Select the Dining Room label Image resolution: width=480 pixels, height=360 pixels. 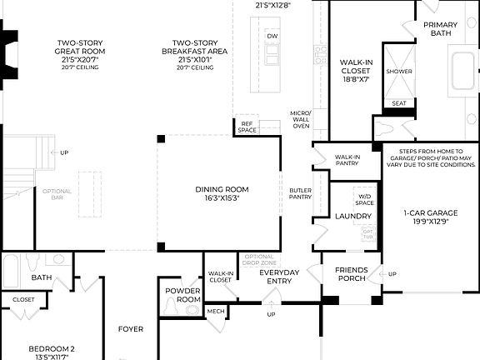(x=222, y=194)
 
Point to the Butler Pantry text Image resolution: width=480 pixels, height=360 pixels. (x=300, y=193)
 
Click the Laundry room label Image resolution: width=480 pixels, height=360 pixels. (x=352, y=217)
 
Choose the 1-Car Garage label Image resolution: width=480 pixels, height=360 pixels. (x=426, y=217)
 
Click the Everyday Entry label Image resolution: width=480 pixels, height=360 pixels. (x=279, y=277)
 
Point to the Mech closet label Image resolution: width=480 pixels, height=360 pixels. (x=216, y=312)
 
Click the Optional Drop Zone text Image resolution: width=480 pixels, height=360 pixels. (x=259, y=259)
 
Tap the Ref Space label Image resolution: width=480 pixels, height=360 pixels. (x=247, y=127)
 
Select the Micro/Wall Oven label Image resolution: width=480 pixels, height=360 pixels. (x=301, y=119)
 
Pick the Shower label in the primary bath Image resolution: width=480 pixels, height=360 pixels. (x=399, y=72)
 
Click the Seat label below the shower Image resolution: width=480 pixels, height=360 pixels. (x=399, y=104)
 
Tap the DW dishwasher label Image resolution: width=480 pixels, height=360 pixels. (x=272, y=36)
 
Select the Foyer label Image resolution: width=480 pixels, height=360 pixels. (x=131, y=328)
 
